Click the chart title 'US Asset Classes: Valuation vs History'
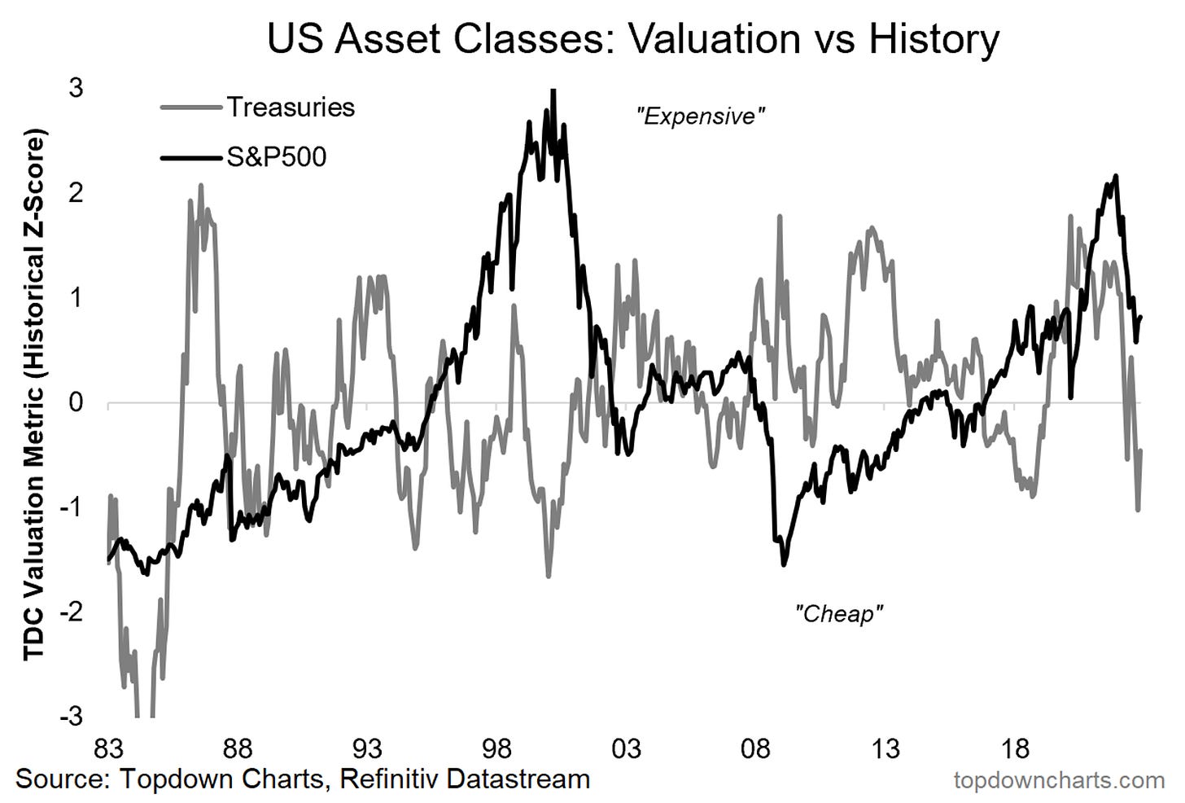click(632, 38)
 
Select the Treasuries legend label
click(291, 108)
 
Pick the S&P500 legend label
click(276, 156)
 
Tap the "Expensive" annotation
click(700, 116)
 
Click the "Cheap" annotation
click(838, 613)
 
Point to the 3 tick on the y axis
click(76, 88)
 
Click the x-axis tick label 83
click(108, 748)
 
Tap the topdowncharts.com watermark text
click(1059, 780)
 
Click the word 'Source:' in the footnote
click(63, 779)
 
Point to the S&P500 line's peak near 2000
click(553, 91)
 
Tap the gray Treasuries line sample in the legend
click(190, 108)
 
